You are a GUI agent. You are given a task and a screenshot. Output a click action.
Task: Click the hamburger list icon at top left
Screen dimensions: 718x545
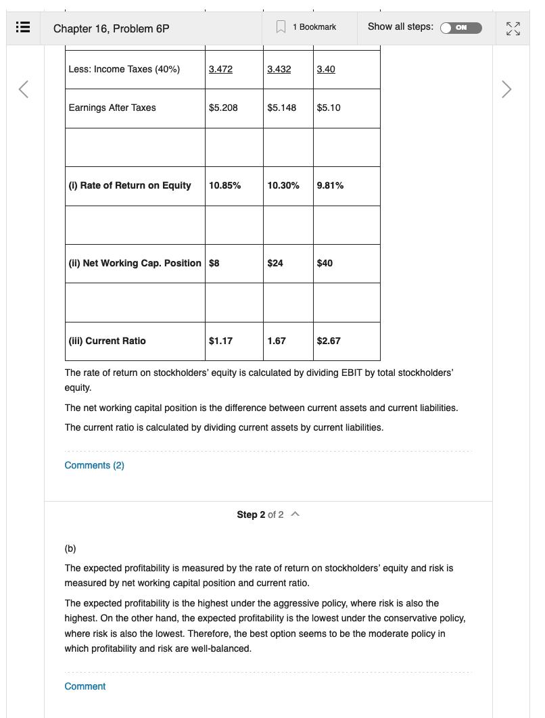[x=22, y=28]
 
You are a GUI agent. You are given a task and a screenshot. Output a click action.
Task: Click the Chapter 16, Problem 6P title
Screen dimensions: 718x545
[x=111, y=28]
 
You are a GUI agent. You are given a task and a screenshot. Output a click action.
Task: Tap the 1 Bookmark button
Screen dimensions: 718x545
[x=306, y=27]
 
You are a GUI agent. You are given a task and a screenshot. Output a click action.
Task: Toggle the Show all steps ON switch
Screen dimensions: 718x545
[x=460, y=28]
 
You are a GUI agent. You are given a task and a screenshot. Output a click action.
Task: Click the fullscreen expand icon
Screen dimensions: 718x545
[x=513, y=28]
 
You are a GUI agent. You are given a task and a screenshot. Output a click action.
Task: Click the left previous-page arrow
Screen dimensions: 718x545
[x=24, y=89]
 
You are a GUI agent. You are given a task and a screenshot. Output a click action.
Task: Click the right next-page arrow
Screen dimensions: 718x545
[x=506, y=89]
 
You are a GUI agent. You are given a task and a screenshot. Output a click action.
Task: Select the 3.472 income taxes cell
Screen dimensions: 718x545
[x=220, y=69]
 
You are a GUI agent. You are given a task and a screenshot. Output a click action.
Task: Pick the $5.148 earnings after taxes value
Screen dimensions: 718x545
[x=281, y=107]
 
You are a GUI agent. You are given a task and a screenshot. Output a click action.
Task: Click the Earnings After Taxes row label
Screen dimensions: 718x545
[x=112, y=107]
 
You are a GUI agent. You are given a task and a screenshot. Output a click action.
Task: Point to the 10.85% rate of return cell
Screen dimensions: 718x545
[x=224, y=185]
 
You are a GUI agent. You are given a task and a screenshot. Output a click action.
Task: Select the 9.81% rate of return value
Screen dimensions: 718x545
[x=330, y=185]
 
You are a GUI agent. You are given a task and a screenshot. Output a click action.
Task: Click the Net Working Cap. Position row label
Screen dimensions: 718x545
[x=135, y=263]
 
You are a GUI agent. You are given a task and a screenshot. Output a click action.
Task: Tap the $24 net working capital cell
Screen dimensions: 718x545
[x=275, y=263]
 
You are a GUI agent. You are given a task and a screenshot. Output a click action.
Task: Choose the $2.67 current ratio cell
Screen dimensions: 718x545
[x=329, y=341]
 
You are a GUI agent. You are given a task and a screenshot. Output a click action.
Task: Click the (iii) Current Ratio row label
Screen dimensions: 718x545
[x=107, y=341]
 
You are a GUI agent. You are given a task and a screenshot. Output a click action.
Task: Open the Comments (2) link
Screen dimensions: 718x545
[x=94, y=465]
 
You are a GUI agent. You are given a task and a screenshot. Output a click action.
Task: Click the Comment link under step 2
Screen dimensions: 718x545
[x=85, y=686]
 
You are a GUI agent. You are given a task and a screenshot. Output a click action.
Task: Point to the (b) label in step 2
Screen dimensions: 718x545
[x=70, y=548]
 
